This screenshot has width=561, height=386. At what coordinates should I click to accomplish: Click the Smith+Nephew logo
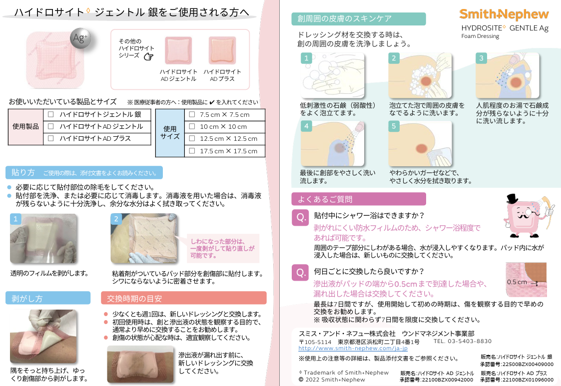click(504, 14)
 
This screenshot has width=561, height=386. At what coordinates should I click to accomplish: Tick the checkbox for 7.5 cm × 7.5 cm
click(192, 114)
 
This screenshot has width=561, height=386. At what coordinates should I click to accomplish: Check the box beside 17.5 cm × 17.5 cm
click(192, 151)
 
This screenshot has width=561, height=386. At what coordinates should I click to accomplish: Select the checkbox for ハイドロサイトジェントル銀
click(51, 114)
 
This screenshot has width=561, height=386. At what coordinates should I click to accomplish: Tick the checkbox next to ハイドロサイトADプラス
click(51, 138)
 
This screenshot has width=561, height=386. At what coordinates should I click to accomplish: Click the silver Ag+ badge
click(80, 38)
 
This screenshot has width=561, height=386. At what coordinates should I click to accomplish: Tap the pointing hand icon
click(148, 56)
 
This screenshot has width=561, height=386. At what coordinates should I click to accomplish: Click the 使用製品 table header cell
click(26, 127)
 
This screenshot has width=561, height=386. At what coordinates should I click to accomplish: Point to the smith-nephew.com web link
click(353, 348)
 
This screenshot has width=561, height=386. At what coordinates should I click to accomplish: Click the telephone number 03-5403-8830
click(470, 341)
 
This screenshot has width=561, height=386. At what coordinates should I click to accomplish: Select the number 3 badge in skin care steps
click(481, 58)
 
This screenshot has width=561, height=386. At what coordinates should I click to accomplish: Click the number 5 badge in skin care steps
click(394, 126)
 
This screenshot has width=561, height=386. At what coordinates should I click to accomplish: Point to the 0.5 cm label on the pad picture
click(517, 282)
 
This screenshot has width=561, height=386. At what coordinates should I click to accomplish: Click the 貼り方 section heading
click(23, 172)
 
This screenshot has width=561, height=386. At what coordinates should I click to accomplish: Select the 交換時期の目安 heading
click(134, 298)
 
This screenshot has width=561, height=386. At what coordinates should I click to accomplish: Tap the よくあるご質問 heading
click(325, 199)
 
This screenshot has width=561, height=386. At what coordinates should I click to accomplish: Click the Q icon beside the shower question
click(301, 218)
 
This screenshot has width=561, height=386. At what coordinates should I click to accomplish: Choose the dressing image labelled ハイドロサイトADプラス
click(222, 50)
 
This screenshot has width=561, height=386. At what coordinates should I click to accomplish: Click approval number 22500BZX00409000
click(517, 364)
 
